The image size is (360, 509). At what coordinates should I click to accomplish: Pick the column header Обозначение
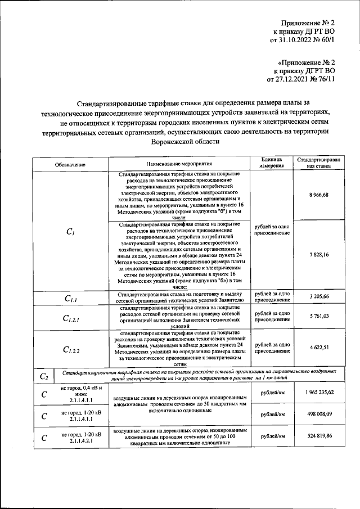tap(70, 164)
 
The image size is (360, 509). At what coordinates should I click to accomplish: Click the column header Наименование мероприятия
tap(179, 164)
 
